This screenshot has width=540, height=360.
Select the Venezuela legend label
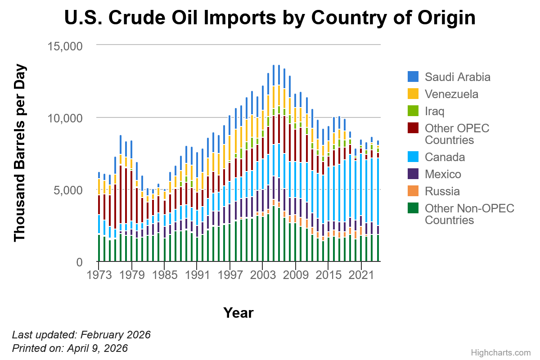tap(451, 94)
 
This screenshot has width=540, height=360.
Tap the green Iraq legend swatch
tap(413, 111)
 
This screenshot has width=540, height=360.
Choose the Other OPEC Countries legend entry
tap(457, 134)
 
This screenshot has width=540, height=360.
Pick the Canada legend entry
tap(445, 157)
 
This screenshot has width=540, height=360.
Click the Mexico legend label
tap(443, 174)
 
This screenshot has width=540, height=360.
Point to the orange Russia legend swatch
tap(413, 191)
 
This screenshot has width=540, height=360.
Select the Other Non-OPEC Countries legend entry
tap(469, 214)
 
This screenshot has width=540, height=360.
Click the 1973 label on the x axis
tap(99, 274)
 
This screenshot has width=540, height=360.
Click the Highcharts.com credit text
tap(501, 353)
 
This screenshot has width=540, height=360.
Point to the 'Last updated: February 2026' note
tap(81, 335)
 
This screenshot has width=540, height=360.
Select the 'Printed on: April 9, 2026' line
tap(70, 348)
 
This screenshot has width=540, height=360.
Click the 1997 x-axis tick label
tap(230, 274)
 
